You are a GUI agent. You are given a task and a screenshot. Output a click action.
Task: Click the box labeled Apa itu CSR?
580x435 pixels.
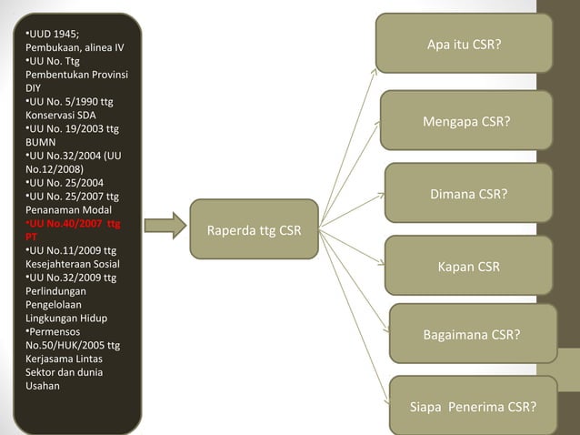pos(464,43)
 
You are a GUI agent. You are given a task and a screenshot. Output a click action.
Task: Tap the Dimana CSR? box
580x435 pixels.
pos(468,194)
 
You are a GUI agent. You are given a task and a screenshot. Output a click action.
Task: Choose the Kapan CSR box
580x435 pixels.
pos(468,266)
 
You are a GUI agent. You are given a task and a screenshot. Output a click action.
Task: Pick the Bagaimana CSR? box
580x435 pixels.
pos(472,334)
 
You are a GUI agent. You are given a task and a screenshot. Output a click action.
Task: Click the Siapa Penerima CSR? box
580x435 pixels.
pos(472,405)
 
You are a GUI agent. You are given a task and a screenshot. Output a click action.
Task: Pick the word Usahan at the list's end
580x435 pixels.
pos(43,386)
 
